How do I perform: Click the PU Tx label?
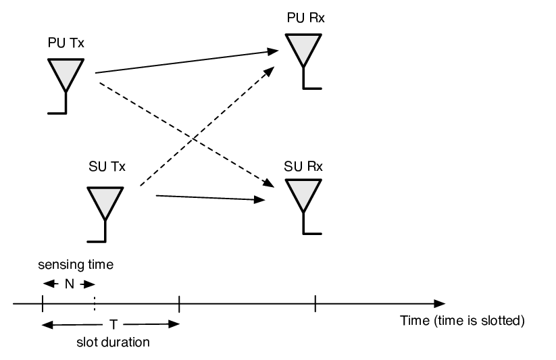click(x=66, y=43)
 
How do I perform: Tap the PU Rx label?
click(x=305, y=18)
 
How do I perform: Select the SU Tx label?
click(x=107, y=166)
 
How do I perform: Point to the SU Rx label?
click(x=303, y=166)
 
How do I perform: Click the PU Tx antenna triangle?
click(x=66, y=74)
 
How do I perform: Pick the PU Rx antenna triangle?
click(x=303, y=49)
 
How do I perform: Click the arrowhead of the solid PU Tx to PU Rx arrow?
click(x=272, y=51)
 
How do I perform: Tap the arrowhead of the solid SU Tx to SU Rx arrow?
click(x=259, y=200)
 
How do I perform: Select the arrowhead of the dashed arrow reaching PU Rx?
click(x=269, y=71)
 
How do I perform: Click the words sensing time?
click(x=76, y=265)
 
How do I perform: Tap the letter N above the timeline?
click(x=70, y=284)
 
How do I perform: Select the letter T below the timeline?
click(x=113, y=324)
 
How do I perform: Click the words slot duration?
click(x=113, y=342)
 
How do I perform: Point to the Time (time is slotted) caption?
click(x=462, y=321)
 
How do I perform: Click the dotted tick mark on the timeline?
click(x=95, y=304)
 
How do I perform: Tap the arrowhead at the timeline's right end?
click(x=440, y=304)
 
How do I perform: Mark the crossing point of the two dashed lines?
click(x=193, y=138)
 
